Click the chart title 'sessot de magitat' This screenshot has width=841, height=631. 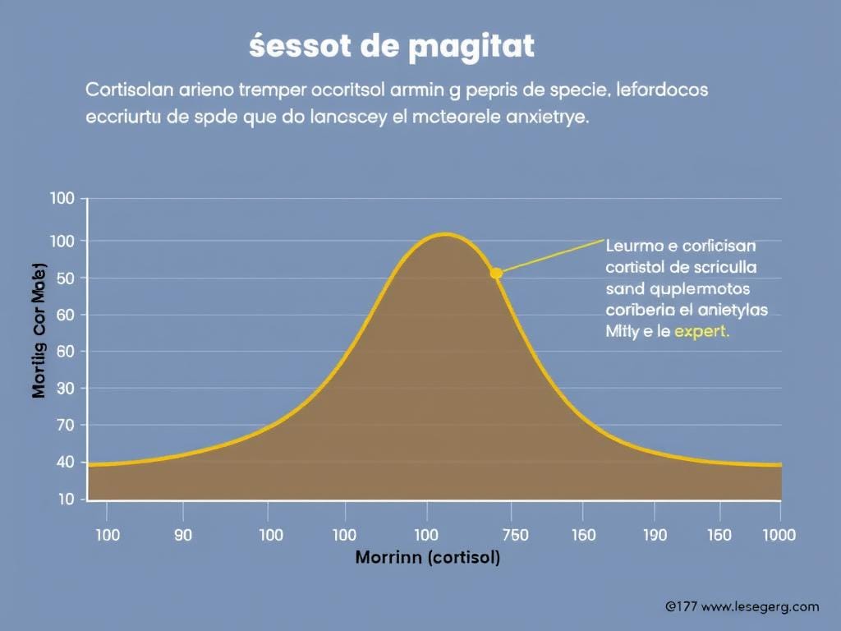coord(391,47)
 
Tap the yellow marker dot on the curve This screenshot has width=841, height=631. coord(496,273)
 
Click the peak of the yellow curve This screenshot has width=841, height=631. coord(443,235)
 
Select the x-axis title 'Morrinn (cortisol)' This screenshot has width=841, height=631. coord(427,558)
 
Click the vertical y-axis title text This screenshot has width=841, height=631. coord(39,332)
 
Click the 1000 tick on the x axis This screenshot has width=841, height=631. coord(778,535)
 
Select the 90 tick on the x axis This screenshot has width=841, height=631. coord(183,535)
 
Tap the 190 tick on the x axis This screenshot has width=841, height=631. coord(654,535)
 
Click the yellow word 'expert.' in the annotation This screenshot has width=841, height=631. coord(701,333)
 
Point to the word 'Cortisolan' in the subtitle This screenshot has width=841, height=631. coord(123,89)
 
